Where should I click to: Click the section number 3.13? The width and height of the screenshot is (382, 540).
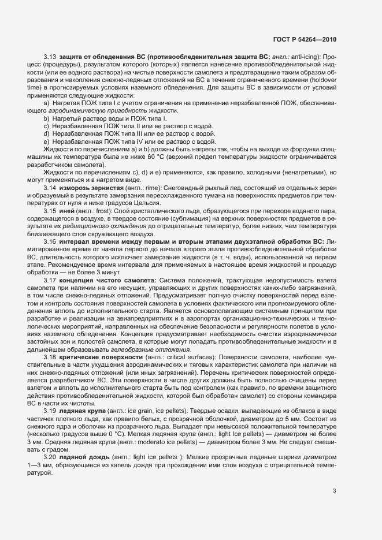[x=49, y=57]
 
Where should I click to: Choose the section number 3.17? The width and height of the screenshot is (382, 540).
[x=49, y=280]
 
